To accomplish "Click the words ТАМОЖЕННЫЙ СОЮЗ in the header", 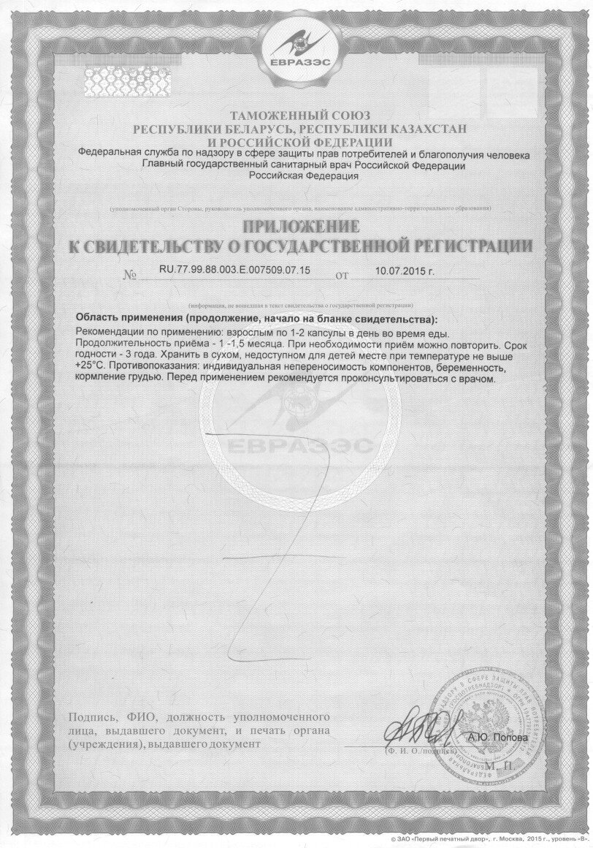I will pos(300,116).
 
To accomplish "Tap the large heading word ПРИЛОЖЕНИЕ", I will pos(300,226).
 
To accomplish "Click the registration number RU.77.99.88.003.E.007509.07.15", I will pos(234,270).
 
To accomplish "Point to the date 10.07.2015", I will pos(404,270).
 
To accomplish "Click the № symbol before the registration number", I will pos(131,276).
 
